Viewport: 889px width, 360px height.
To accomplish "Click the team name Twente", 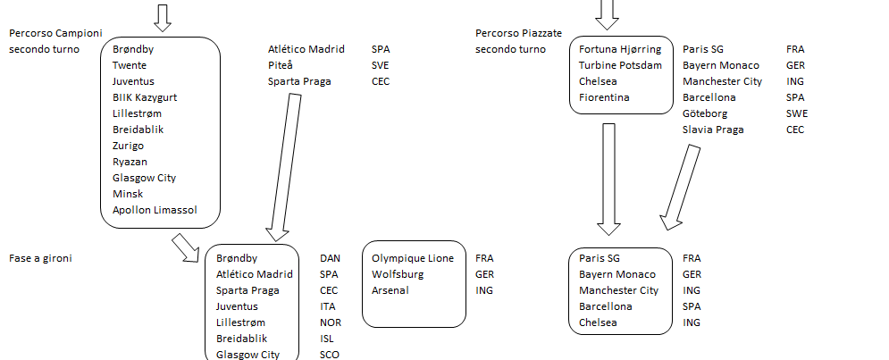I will [x=130, y=65].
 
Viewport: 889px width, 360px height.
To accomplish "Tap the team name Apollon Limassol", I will [x=154, y=210].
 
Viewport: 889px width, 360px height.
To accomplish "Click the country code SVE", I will [x=381, y=65].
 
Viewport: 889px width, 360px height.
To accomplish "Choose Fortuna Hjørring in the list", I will [x=620, y=49].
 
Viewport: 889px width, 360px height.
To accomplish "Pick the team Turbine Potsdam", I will [x=620, y=65].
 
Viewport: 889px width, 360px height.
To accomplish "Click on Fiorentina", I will [x=604, y=97].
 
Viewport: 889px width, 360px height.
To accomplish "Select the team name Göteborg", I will [x=705, y=113].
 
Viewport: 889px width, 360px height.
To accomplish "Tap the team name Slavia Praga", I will [x=713, y=130].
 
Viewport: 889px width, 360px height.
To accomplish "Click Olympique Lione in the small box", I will [x=412, y=258].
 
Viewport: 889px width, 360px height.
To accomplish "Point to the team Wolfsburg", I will [x=398, y=274].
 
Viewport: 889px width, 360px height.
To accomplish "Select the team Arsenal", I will [x=391, y=290].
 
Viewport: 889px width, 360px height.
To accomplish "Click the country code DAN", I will [x=330, y=258].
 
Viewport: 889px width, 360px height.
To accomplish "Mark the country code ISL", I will [x=328, y=339].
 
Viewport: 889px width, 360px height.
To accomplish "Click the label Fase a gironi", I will [x=40, y=258].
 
